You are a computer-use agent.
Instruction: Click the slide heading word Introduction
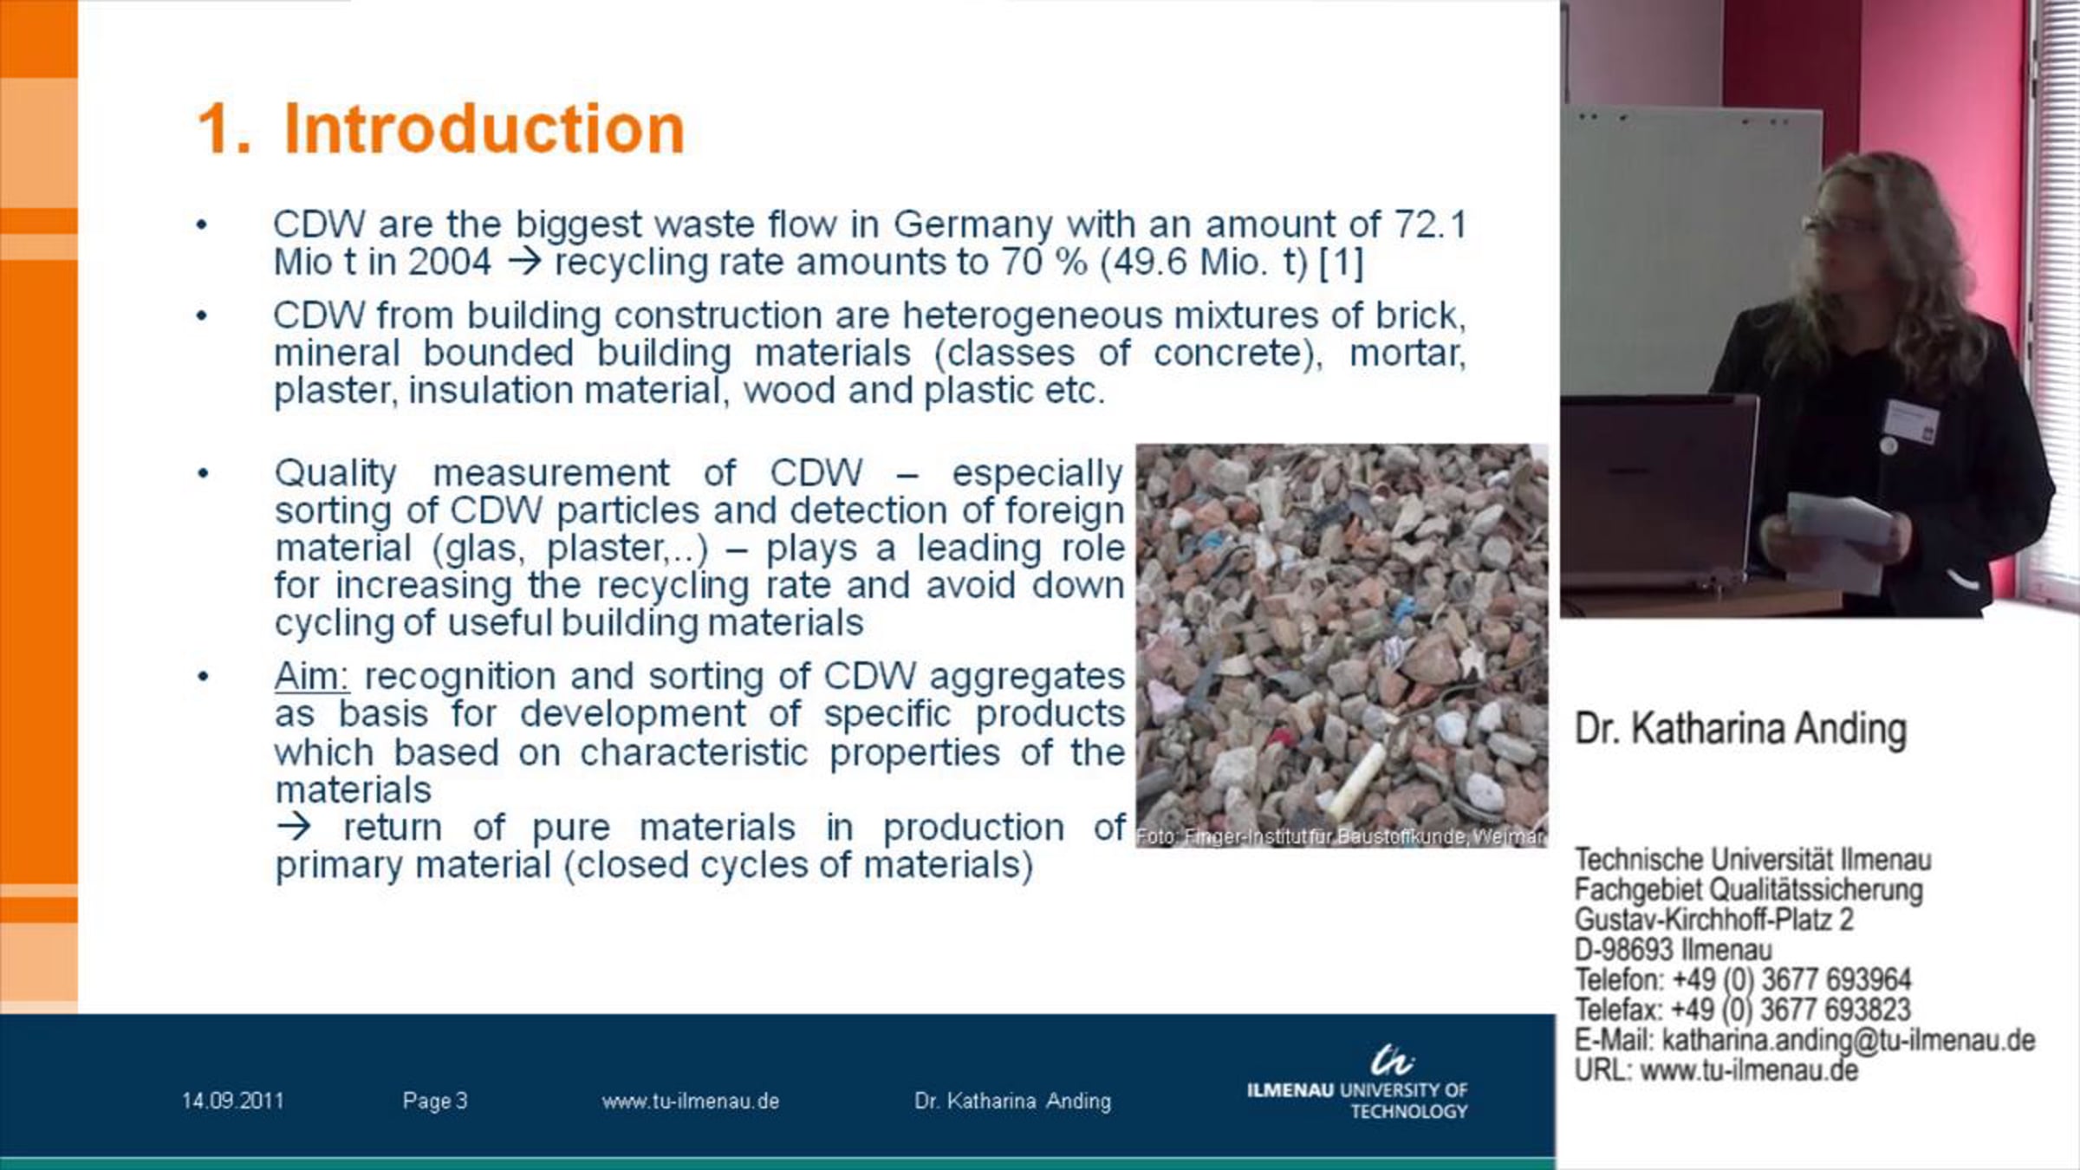pyautogui.click(x=484, y=128)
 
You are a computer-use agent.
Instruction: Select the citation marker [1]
pyautogui.click(x=1342, y=263)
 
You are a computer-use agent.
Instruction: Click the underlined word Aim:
pyautogui.click(x=312, y=676)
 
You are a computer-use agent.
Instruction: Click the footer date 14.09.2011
pyautogui.click(x=232, y=1101)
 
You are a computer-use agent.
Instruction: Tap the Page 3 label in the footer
pyautogui.click(x=435, y=1101)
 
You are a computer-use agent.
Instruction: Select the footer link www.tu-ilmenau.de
pyautogui.click(x=691, y=1101)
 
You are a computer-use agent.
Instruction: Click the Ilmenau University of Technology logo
pyautogui.click(x=1357, y=1083)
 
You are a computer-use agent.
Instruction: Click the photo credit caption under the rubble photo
pyautogui.click(x=1341, y=837)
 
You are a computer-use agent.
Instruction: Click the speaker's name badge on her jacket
pyautogui.click(x=1910, y=421)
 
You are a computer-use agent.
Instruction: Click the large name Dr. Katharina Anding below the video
pyautogui.click(x=1740, y=729)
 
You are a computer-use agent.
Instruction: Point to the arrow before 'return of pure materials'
pyautogui.click(x=294, y=826)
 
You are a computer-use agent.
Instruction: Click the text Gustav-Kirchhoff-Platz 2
pyautogui.click(x=1713, y=919)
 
